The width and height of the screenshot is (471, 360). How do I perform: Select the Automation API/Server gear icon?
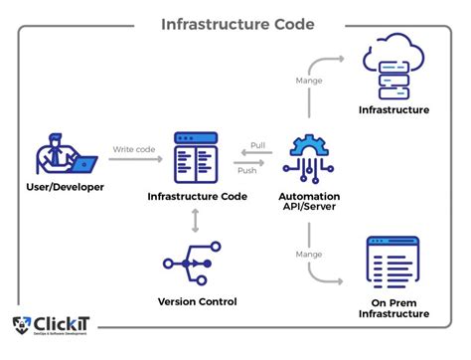(311, 154)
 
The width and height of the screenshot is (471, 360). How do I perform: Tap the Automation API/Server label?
(311, 202)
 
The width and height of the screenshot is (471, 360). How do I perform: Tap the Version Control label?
(198, 302)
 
